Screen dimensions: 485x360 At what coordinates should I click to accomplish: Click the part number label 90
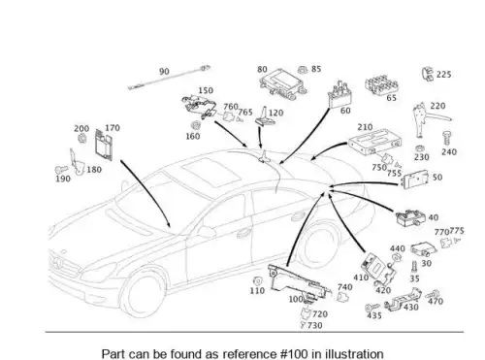(164, 71)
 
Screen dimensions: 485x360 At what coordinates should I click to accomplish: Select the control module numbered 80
(281, 83)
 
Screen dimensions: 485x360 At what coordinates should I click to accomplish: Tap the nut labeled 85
(303, 70)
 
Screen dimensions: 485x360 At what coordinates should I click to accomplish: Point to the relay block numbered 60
(339, 94)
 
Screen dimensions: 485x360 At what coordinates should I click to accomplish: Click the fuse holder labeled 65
(381, 85)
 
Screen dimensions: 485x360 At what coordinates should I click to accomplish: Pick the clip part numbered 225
(428, 74)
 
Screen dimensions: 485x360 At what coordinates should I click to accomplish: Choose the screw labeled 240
(447, 139)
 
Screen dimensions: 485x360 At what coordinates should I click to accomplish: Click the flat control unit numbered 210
(375, 142)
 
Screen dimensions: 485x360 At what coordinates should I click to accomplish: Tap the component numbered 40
(410, 217)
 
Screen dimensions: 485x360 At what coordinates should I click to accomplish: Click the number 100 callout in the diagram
(296, 299)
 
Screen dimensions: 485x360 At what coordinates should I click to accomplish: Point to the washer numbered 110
(258, 281)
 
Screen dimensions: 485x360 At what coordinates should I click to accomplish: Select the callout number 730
(315, 325)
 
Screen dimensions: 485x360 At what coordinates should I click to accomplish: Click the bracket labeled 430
(403, 299)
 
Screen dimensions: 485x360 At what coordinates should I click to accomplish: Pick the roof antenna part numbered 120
(264, 116)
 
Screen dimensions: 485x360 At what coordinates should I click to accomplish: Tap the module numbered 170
(104, 145)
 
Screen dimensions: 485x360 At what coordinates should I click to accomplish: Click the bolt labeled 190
(61, 170)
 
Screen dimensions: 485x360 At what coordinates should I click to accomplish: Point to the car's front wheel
(143, 295)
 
